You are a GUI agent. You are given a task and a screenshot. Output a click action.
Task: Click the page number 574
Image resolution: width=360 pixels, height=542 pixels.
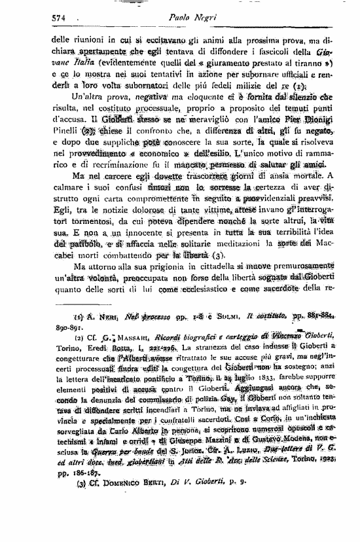click(x=60, y=18)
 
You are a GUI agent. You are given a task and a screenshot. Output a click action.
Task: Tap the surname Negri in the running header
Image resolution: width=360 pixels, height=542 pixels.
click(x=209, y=18)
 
